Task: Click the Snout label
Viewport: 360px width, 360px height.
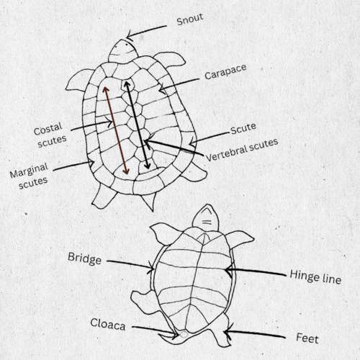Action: point(190,19)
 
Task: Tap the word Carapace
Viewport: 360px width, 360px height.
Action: point(225,71)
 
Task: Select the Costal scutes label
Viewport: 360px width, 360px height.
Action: point(50,135)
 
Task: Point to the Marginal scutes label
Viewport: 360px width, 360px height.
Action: point(29,176)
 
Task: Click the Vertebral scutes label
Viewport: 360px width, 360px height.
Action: point(242,150)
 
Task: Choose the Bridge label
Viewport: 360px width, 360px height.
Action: point(84,258)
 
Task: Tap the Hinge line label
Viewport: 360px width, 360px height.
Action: point(315,276)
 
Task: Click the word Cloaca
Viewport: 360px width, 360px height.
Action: point(108,324)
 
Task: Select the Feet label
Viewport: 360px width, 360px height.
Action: point(307,338)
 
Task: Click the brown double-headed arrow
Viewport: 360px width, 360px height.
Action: point(116,130)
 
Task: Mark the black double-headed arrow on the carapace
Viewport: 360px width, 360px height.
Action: point(137,125)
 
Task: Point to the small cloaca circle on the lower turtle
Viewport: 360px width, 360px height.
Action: point(184,334)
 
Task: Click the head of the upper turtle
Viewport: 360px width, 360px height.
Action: point(122,51)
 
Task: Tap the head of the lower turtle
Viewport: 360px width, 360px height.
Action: point(206,218)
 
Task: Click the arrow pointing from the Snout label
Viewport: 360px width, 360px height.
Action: point(146,32)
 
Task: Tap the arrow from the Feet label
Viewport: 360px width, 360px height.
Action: point(254,333)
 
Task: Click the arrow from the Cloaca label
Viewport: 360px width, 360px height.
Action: point(156,331)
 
